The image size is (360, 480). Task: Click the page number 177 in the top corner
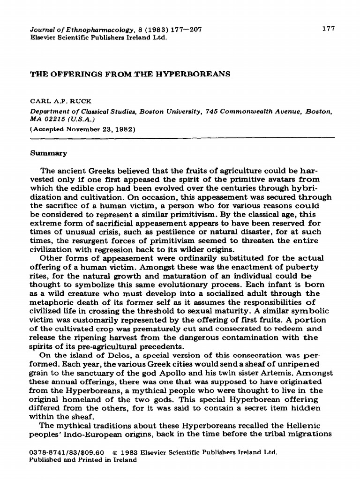click(329, 29)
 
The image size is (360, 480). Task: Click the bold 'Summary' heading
click(49, 153)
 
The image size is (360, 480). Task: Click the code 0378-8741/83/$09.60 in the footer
click(68, 453)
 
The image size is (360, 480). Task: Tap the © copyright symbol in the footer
click(115, 453)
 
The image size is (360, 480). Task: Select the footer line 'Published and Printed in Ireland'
click(83, 460)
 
